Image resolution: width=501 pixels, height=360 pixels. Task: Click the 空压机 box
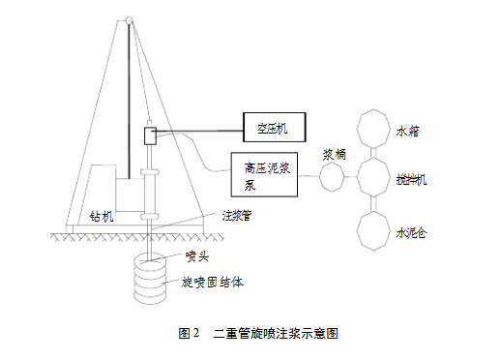[272, 125]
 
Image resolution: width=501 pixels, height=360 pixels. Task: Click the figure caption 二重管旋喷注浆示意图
[276, 333]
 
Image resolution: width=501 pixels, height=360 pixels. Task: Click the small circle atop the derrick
[128, 19]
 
